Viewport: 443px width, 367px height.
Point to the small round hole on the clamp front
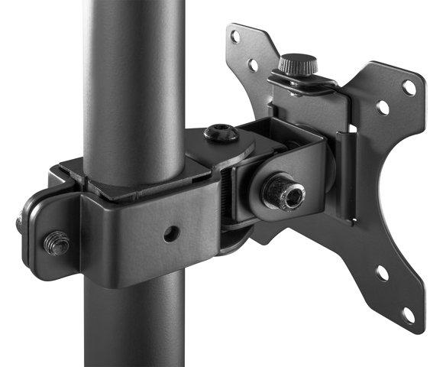point(172,233)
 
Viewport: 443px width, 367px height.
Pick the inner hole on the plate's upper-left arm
point(253,65)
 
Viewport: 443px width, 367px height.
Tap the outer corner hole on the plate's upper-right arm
point(409,87)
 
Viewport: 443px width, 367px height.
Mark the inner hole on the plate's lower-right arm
point(381,272)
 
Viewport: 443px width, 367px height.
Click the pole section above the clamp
point(134,76)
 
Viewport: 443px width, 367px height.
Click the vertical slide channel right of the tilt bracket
point(348,176)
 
